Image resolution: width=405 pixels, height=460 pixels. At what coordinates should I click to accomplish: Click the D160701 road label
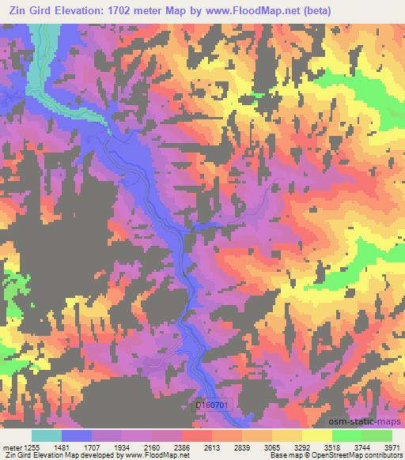click(x=214, y=403)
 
